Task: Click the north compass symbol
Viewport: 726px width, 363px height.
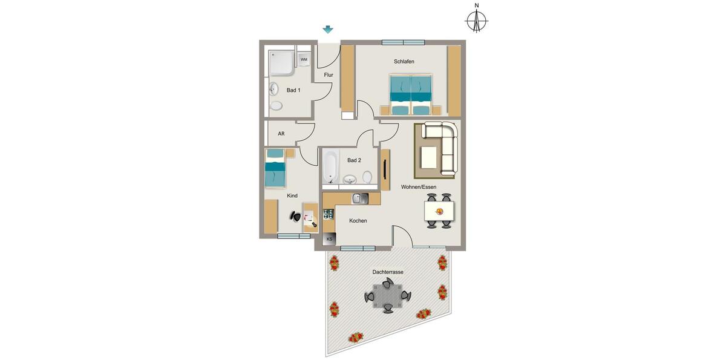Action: [477, 22]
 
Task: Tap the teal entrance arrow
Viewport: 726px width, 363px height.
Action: [328, 30]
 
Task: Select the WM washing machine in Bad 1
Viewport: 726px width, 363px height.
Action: [304, 59]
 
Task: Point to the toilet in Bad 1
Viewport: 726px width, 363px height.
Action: [276, 106]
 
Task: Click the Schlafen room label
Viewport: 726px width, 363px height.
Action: [404, 62]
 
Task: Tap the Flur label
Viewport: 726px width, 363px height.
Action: [329, 75]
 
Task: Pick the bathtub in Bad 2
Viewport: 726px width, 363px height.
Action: [330, 166]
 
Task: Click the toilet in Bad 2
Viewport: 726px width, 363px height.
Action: [367, 177]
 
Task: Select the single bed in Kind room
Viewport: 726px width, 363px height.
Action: [275, 169]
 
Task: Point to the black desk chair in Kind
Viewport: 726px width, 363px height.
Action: [296, 216]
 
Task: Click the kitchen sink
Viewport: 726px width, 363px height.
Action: [359, 198]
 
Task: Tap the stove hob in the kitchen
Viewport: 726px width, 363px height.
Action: [329, 214]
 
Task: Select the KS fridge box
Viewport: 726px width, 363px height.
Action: [329, 240]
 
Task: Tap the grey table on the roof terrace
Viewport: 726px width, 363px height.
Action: [387, 296]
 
